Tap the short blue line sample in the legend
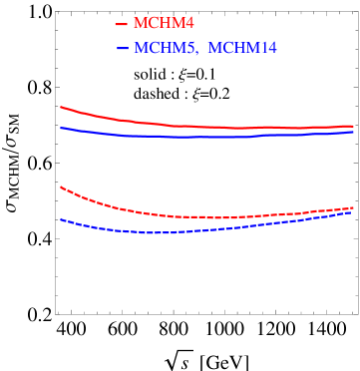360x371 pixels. click(122, 48)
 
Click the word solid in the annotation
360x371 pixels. click(150, 75)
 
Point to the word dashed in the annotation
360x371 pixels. click(155, 94)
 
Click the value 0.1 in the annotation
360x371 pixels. click(204, 75)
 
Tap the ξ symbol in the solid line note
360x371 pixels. click(183, 75)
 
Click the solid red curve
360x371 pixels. click(199, 127)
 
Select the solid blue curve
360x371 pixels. click(199, 137)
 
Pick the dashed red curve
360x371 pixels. click(199, 216)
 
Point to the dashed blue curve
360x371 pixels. click(199, 229)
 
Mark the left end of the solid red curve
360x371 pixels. click(61, 107)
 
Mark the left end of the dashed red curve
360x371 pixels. click(61, 186)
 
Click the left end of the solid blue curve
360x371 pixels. click(61, 127)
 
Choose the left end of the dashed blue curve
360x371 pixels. click(61, 219)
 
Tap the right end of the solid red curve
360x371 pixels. click(354, 127)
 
